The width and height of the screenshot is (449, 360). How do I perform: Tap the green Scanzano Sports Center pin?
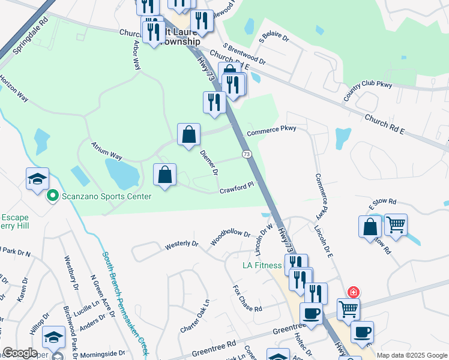(x=52, y=196)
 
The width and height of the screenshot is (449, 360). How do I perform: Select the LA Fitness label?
(x=262, y=265)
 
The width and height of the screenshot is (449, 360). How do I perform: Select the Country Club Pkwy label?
(x=367, y=91)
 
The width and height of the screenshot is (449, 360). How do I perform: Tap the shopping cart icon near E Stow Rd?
(x=396, y=226)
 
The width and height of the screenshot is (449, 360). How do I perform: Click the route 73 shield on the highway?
(x=247, y=155)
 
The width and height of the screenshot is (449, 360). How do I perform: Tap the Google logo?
(x=20, y=353)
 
